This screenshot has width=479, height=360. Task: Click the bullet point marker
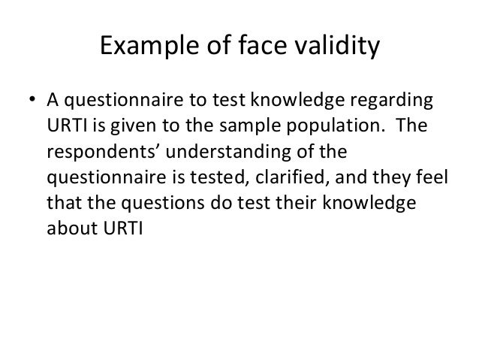32,101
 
